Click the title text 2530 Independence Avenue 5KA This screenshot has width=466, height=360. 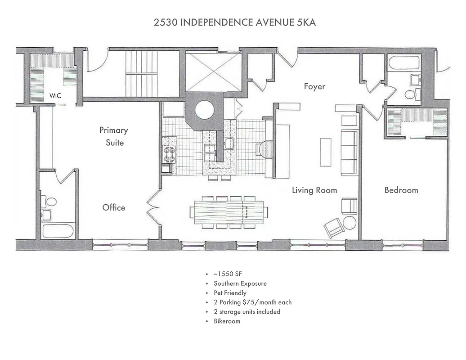point(234,22)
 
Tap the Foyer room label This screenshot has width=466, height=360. point(314,86)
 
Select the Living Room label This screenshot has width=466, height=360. point(314,190)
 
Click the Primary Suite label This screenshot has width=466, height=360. point(114,136)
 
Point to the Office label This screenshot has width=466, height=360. point(114,207)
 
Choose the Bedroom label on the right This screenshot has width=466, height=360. point(401,190)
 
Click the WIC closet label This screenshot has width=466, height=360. point(55,96)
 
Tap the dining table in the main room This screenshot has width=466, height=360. point(229,211)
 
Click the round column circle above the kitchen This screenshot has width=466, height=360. point(204,110)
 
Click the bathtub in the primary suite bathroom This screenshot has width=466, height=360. point(58,231)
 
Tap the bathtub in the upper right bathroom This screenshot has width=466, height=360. point(403,63)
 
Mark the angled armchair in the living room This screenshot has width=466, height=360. point(334,228)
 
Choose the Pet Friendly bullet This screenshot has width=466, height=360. point(230,293)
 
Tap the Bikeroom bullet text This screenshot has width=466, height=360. point(227,321)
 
